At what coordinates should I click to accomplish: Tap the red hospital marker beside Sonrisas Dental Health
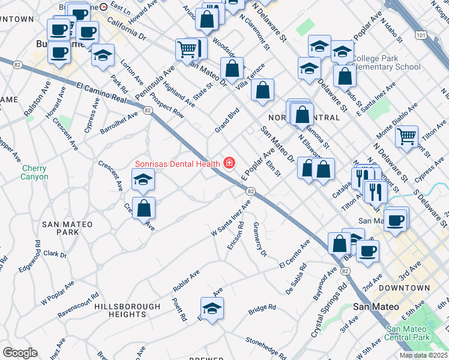(x=229, y=163)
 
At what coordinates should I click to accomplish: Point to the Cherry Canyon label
(x=34, y=173)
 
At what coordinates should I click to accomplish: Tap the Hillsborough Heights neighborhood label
(x=120, y=310)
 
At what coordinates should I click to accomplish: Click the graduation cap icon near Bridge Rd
(x=212, y=308)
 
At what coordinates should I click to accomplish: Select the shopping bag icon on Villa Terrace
(x=232, y=68)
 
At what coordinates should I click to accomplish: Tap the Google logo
(x=20, y=353)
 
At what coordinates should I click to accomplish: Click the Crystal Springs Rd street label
(x=328, y=311)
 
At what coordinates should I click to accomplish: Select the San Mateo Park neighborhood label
(x=67, y=228)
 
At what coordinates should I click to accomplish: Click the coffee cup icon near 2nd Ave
(x=367, y=251)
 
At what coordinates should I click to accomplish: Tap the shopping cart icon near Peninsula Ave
(x=187, y=49)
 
